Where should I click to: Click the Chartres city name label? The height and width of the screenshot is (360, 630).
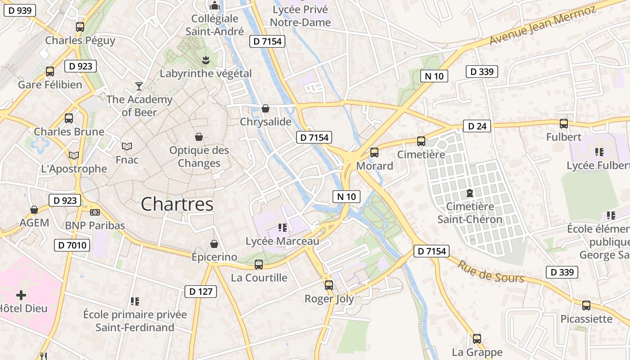tap(177, 204)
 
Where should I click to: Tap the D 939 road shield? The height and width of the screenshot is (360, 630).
tap(19, 10)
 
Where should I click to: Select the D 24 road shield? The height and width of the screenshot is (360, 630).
tap(477, 126)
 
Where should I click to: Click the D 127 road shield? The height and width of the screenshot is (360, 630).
tap(201, 291)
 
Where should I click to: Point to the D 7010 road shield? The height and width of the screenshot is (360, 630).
tap(72, 245)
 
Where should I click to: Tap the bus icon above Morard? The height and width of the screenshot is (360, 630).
tap(374, 153)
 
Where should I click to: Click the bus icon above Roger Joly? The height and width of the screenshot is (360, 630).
tap(329, 285)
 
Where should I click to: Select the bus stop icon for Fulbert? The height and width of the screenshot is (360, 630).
tap(563, 123)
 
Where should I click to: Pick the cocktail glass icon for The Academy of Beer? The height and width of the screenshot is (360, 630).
tap(139, 86)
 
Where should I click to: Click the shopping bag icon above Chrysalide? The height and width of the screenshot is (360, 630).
tap(265, 108)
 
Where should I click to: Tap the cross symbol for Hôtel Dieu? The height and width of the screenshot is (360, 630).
tap(21, 295)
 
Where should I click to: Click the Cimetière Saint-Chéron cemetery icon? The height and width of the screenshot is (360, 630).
tap(470, 193)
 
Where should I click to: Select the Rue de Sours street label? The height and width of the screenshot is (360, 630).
tap(490, 272)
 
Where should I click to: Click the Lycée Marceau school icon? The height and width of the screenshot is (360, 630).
tap(283, 228)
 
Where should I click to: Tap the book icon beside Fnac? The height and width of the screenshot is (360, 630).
tap(127, 146)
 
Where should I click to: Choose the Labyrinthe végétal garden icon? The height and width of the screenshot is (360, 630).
tap(206, 59)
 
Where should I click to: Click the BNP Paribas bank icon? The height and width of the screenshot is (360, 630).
tap(94, 212)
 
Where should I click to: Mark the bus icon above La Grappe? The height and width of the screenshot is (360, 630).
tap(477, 338)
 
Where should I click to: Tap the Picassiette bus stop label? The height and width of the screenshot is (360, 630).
tap(586, 319)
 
